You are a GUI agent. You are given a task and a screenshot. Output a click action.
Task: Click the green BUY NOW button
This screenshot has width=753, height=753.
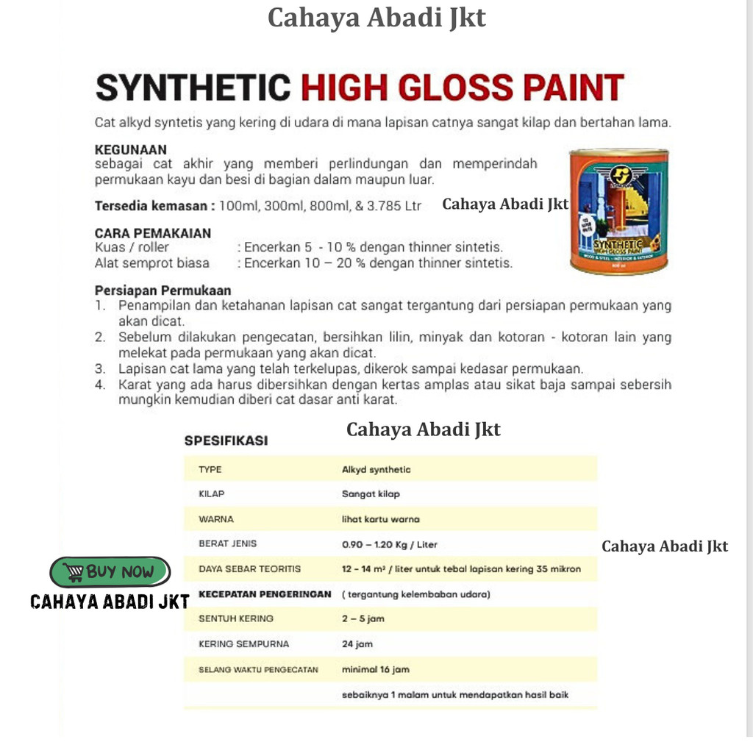110,571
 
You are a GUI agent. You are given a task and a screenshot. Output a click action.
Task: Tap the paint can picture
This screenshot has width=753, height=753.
618,212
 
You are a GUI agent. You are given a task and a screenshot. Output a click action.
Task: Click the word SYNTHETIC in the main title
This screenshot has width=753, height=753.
193,88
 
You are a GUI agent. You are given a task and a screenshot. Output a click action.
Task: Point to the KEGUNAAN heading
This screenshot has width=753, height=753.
131,150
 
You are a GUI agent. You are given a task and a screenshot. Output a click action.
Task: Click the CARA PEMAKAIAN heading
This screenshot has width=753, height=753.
153,233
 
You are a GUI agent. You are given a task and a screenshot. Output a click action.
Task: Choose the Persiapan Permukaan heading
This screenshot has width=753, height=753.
163,290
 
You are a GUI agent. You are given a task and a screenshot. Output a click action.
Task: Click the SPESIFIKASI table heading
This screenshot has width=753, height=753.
226,440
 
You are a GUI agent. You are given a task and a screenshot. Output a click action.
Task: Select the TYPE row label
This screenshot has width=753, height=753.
210,469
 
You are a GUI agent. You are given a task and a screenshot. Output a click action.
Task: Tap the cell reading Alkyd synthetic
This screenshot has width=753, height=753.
376,469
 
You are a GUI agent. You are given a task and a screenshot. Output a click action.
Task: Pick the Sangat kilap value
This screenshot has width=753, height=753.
371,494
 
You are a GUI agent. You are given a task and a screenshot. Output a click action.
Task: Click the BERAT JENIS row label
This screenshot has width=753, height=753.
227,544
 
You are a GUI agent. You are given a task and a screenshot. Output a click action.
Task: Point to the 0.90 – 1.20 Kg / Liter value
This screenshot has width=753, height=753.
390,544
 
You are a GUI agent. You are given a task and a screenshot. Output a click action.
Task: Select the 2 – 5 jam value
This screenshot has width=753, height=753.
363,619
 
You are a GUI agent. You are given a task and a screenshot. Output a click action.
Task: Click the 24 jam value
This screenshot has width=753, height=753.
357,644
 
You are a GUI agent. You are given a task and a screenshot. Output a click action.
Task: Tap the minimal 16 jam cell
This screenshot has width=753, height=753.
376,669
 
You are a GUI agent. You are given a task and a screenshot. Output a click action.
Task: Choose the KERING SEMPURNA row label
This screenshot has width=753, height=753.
243,644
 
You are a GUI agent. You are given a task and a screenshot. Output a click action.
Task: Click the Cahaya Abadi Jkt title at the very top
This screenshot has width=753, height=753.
376,18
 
